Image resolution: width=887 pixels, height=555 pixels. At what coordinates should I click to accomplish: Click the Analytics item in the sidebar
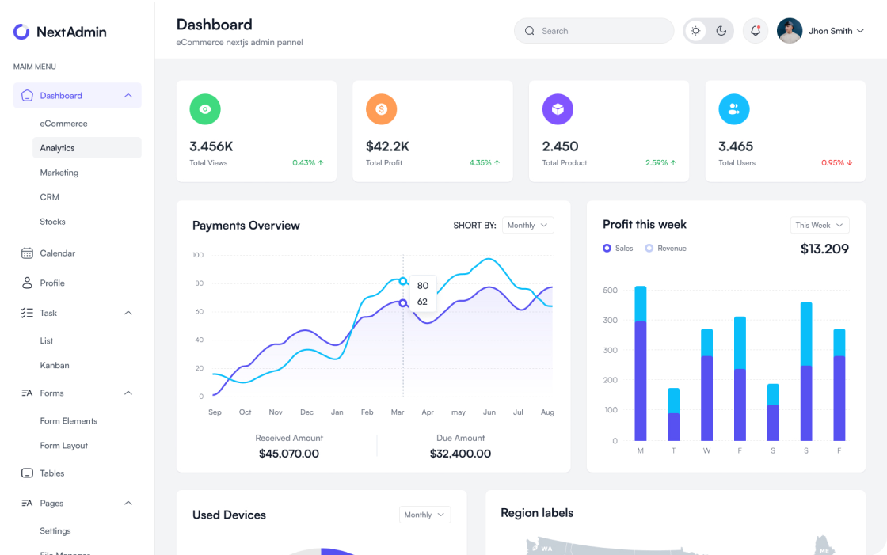tap(57, 148)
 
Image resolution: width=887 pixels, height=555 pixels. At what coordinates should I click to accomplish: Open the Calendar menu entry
tap(57, 253)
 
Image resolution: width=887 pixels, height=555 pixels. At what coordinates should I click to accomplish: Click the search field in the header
tap(594, 31)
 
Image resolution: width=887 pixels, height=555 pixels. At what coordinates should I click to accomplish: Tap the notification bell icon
tap(756, 31)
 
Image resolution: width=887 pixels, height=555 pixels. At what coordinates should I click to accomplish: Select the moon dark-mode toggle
tap(721, 31)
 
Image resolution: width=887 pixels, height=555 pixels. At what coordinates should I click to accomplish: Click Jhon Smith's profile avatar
tap(790, 31)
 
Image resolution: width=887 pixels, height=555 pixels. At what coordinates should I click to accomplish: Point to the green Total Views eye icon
tap(205, 109)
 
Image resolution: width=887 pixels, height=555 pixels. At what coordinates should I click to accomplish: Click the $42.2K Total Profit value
tap(387, 146)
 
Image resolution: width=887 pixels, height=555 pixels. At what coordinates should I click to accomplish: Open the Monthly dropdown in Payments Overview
tap(527, 226)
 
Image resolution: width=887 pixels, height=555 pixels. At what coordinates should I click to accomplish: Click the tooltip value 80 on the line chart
tap(422, 286)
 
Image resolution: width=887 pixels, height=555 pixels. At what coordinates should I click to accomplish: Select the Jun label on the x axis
tap(489, 412)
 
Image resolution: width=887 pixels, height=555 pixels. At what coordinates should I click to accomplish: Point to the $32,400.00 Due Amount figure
tap(460, 454)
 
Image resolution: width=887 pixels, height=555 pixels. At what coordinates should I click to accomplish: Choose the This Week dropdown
tap(819, 226)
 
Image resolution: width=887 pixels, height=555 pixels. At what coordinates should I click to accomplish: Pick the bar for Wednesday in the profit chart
tap(706, 386)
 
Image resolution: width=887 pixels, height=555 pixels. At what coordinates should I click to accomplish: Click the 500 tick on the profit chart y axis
tap(610, 291)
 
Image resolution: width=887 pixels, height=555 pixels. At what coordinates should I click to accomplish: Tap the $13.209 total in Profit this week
tap(824, 249)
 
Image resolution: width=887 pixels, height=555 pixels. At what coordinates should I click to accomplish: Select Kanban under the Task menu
tap(55, 366)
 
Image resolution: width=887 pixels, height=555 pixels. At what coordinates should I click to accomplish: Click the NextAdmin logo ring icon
tap(21, 32)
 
